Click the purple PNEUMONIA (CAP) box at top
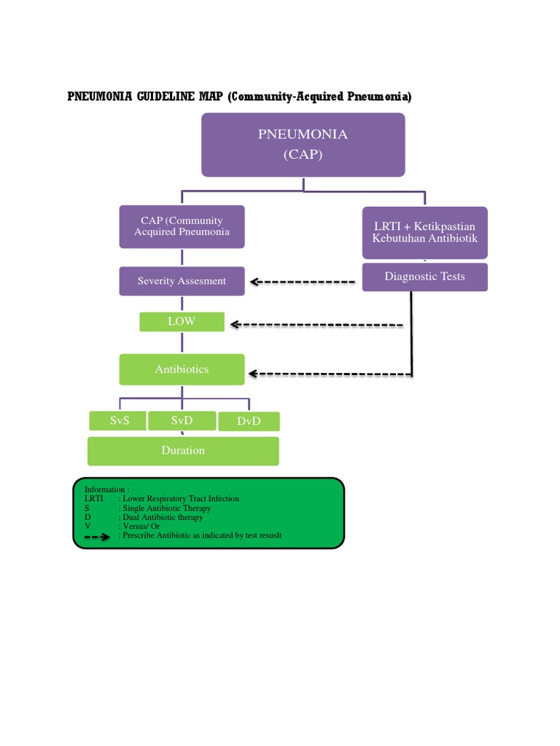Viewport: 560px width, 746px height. [303, 144]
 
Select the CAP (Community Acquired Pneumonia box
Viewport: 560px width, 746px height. [182, 227]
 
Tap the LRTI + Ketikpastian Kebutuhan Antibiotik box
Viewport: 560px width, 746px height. [424, 232]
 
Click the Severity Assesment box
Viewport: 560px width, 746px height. [182, 281]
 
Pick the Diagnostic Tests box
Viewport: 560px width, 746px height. [424, 277]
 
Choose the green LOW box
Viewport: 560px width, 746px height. [182, 321]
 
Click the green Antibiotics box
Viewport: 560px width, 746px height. [182, 369]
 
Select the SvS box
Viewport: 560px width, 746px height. [117, 421]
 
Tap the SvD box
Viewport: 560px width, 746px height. [182, 421]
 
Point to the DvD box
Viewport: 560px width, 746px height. [249, 422]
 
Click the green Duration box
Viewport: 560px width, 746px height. [183, 451]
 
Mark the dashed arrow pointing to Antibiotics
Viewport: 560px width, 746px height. [328, 374]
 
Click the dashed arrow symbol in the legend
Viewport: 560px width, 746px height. [97, 536]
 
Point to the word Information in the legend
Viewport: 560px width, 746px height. [106, 490]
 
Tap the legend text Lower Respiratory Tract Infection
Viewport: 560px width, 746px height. [181, 499]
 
